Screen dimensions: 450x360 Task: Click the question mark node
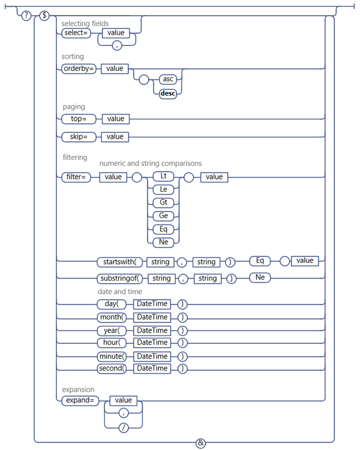pos(26,16)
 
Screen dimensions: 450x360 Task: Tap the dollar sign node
pos(44,16)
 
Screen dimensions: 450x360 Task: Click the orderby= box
pos(78,68)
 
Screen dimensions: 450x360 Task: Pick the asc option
pos(168,81)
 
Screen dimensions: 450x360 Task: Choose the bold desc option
pos(168,93)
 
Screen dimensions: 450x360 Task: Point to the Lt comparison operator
pos(163,176)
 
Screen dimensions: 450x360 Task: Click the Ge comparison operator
pos(163,216)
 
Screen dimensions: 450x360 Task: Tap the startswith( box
pos(119,262)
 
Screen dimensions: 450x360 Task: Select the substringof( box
pos(120,279)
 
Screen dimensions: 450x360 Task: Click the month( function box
pos(111,317)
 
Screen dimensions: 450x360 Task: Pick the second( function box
pos(111,368)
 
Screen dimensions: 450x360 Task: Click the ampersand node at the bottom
pos(200,443)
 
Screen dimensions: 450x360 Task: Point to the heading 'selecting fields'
pos(85,24)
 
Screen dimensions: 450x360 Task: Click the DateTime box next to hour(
pos(152,343)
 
